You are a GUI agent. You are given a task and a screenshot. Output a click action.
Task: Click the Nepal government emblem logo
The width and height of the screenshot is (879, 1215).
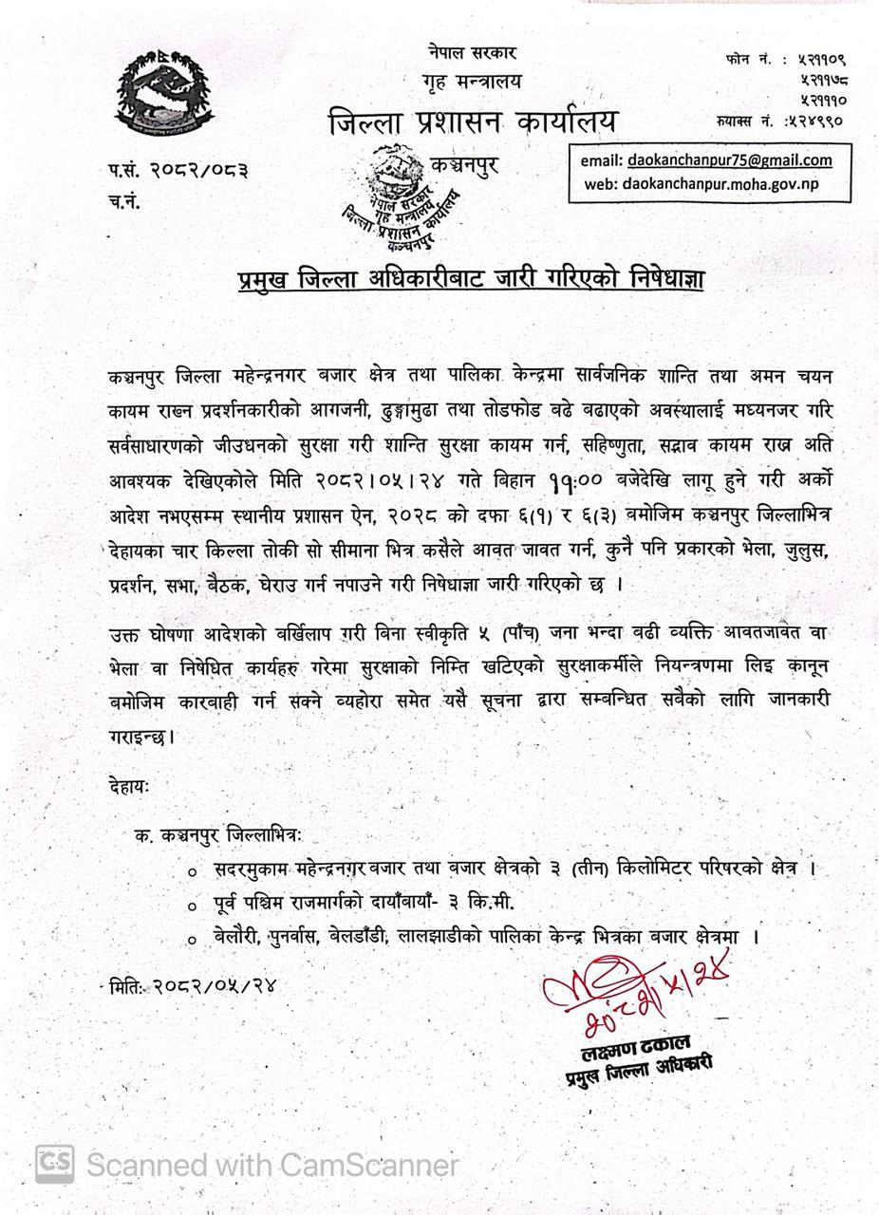point(164,93)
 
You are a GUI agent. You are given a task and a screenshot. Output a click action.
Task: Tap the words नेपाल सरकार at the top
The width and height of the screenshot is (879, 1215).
point(471,53)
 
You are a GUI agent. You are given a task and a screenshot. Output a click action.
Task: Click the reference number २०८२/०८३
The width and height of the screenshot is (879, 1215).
point(198,171)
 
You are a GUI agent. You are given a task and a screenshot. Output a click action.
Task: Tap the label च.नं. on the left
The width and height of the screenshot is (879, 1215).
point(124,201)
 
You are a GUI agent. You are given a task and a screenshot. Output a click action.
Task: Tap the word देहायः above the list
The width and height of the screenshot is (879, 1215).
point(129,785)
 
